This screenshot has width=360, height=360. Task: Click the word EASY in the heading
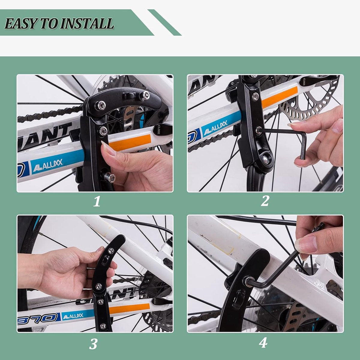(x=19, y=23)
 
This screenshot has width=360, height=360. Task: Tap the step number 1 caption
(x=97, y=202)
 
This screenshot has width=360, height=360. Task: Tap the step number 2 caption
(x=265, y=201)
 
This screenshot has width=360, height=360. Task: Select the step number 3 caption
(x=94, y=344)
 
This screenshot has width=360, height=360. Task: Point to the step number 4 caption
(x=263, y=343)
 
